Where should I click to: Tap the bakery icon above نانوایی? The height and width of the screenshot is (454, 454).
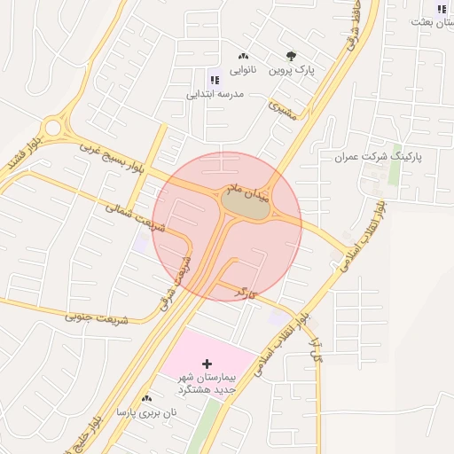[244, 57]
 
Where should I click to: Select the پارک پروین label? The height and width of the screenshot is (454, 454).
[293, 69]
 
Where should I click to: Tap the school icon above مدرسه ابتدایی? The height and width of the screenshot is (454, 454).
[213, 80]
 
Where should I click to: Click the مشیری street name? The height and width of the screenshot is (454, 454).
[281, 109]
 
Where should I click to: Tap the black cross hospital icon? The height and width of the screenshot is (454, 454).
[207, 364]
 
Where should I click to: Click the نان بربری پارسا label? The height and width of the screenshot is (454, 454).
[147, 412]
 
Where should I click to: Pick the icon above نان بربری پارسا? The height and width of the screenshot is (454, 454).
[146, 399]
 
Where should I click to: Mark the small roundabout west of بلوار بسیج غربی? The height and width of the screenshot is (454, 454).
[53, 127]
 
